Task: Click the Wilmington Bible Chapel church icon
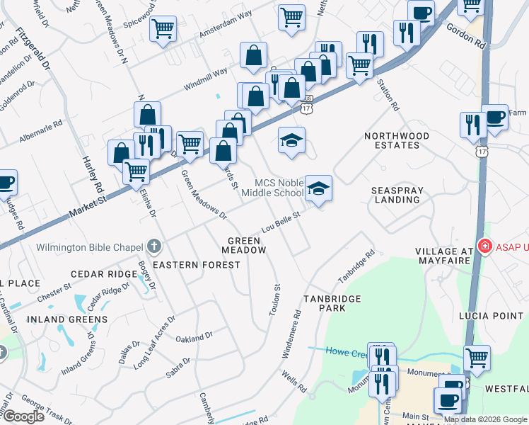(x=155, y=247)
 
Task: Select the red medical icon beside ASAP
(x=485, y=247)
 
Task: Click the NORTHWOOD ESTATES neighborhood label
(x=397, y=140)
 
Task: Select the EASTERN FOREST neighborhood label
(x=197, y=265)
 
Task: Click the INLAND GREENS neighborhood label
(x=67, y=319)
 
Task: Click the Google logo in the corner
(x=23, y=416)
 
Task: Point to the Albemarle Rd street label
(x=41, y=132)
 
